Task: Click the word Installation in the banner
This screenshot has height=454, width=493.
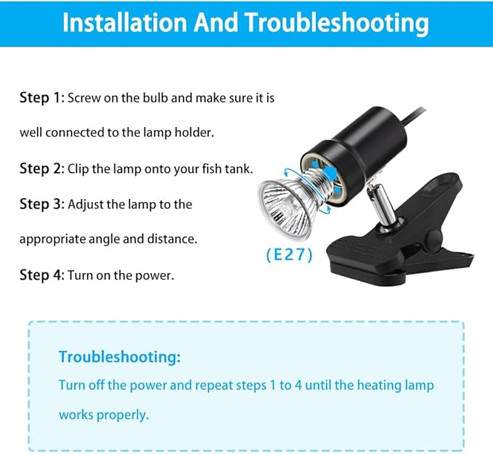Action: tap(125, 23)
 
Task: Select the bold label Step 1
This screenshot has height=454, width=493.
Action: tap(41, 97)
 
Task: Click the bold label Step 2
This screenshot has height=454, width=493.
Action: tap(42, 169)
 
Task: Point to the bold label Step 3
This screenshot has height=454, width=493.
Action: tap(42, 204)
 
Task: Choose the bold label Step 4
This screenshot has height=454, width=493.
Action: tap(42, 275)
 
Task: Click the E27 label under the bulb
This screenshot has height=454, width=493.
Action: tap(289, 255)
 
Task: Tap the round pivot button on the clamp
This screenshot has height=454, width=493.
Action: tap(433, 237)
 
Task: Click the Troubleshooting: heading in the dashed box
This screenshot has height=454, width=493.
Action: tap(120, 357)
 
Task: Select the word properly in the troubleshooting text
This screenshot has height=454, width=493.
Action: tap(123, 416)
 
